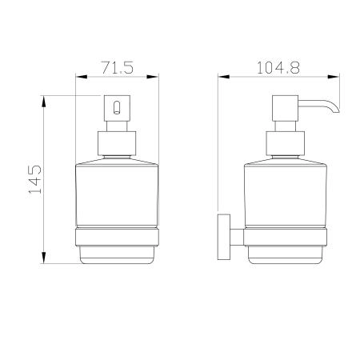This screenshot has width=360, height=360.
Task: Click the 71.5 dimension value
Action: click(117, 67)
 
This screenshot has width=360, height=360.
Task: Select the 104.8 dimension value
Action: click(278, 67)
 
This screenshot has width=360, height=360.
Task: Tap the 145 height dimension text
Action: click(35, 179)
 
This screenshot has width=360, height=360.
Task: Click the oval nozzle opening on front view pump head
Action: click(117, 107)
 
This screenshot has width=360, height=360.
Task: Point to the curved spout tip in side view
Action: click(336, 110)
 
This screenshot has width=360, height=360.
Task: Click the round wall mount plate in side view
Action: click(224, 237)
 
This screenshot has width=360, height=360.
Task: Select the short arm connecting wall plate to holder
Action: click(237, 237)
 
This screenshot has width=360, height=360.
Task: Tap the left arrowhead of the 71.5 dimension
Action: click(82, 77)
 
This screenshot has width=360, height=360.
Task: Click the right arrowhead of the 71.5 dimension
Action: click(153, 77)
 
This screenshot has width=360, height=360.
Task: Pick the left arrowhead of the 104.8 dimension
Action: click(224, 77)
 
